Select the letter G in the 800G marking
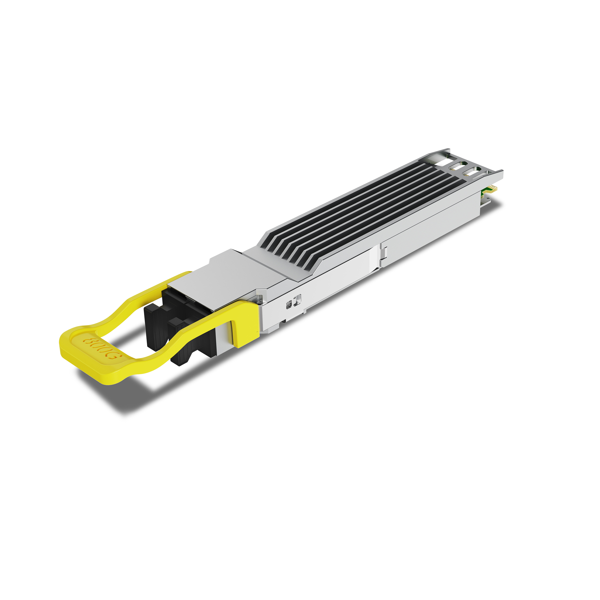coord(115,355)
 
